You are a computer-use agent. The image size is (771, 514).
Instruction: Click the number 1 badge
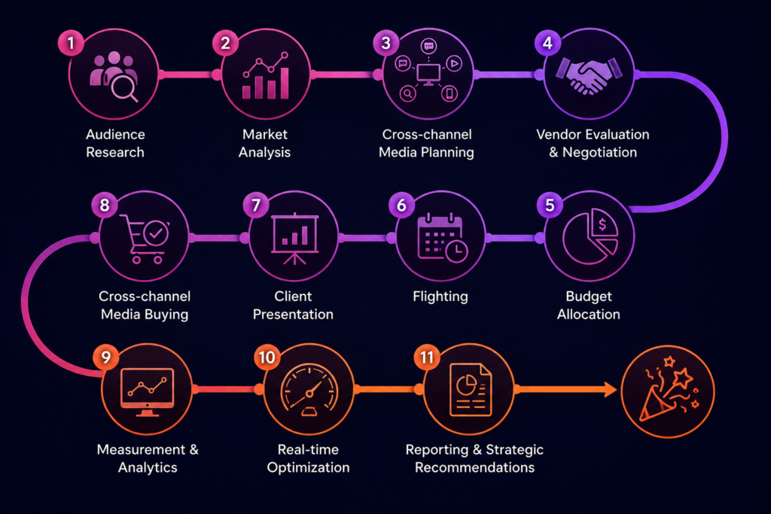click(x=71, y=43)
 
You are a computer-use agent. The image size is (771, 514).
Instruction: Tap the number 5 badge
click(x=550, y=205)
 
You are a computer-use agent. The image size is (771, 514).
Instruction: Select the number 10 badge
click(x=267, y=357)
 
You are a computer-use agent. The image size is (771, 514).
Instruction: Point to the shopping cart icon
click(x=145, y=239)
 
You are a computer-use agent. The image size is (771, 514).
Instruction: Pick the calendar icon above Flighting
click(x=442, y=238)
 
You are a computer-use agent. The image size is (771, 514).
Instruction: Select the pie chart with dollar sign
click(x=590, y=236)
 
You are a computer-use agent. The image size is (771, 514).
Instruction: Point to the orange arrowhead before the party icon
click(x=610, y=389)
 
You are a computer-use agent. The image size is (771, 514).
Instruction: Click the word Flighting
click(x=440, y=297)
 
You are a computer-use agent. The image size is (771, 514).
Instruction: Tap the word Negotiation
click(x=599, y=152)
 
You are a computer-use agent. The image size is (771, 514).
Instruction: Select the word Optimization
click(x=308, y=467)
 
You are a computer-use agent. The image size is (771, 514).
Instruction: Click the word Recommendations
click(x=474, y=467)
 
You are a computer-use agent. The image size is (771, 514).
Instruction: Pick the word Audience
click(x=115, y=134)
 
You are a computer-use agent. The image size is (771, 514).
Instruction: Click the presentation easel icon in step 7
click(x=294, y=239)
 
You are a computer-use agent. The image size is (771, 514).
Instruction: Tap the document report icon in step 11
click(x=471, y=390)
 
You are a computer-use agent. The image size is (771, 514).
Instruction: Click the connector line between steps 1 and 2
click(x=190, y=75)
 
